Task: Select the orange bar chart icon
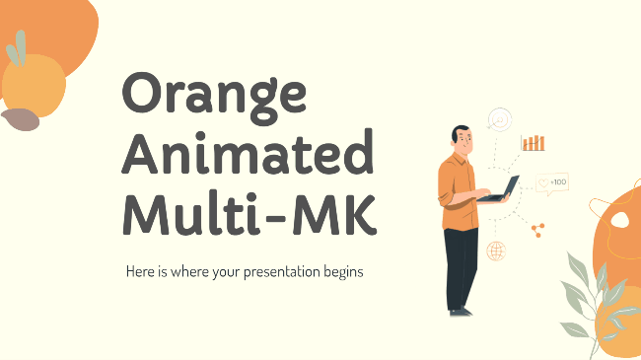[534, 143]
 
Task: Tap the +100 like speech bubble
[552, 182]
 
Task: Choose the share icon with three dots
[538, 229]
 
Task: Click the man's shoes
[460, 311]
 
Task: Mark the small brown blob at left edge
[19, 120]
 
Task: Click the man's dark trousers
[460, 264]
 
